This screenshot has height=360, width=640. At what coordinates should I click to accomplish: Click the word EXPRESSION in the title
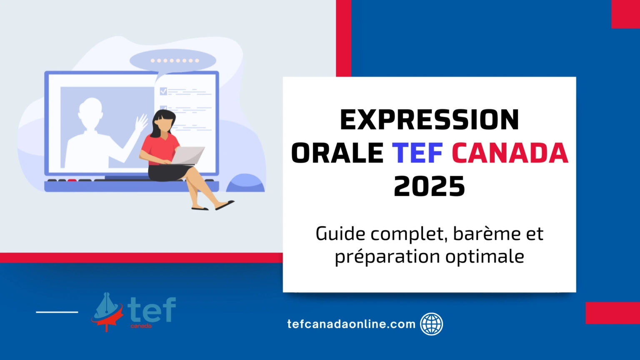click(x=429, y=120)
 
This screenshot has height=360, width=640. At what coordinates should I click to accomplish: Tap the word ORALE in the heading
click(x=337, y=153)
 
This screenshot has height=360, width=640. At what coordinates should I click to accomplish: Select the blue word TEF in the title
click(x=417, y=153)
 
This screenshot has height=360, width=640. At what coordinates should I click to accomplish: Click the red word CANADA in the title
click(x=510, y=153)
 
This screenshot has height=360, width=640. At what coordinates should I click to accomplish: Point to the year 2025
click(x=429, y=186)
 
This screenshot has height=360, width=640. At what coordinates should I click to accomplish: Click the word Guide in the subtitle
click(x=340, y=234)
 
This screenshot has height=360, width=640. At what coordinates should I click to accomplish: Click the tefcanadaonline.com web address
click(x=351, y=324)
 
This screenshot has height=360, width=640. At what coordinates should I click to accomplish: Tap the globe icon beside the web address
click(x=431, y=324)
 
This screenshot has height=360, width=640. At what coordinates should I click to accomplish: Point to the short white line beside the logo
click(x=57, y=312)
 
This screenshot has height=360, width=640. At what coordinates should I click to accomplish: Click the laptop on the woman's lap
click(x=188, y=155)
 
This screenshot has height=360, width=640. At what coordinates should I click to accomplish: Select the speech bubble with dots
click(x=173, y=61)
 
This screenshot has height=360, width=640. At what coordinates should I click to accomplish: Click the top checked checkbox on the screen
click(x=163, y=91)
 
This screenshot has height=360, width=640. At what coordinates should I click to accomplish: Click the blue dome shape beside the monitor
click(x=246, y=184)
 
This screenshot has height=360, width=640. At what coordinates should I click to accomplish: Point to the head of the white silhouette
click(x=90, y=109)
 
